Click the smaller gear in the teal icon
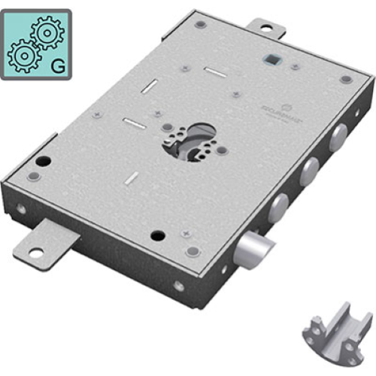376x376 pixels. point(22,55)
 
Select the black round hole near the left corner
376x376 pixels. point(44,161)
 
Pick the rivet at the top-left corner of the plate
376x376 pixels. point(199,24)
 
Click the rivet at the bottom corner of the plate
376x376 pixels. point(193,251)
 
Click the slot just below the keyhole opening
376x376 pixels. point(132,177)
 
